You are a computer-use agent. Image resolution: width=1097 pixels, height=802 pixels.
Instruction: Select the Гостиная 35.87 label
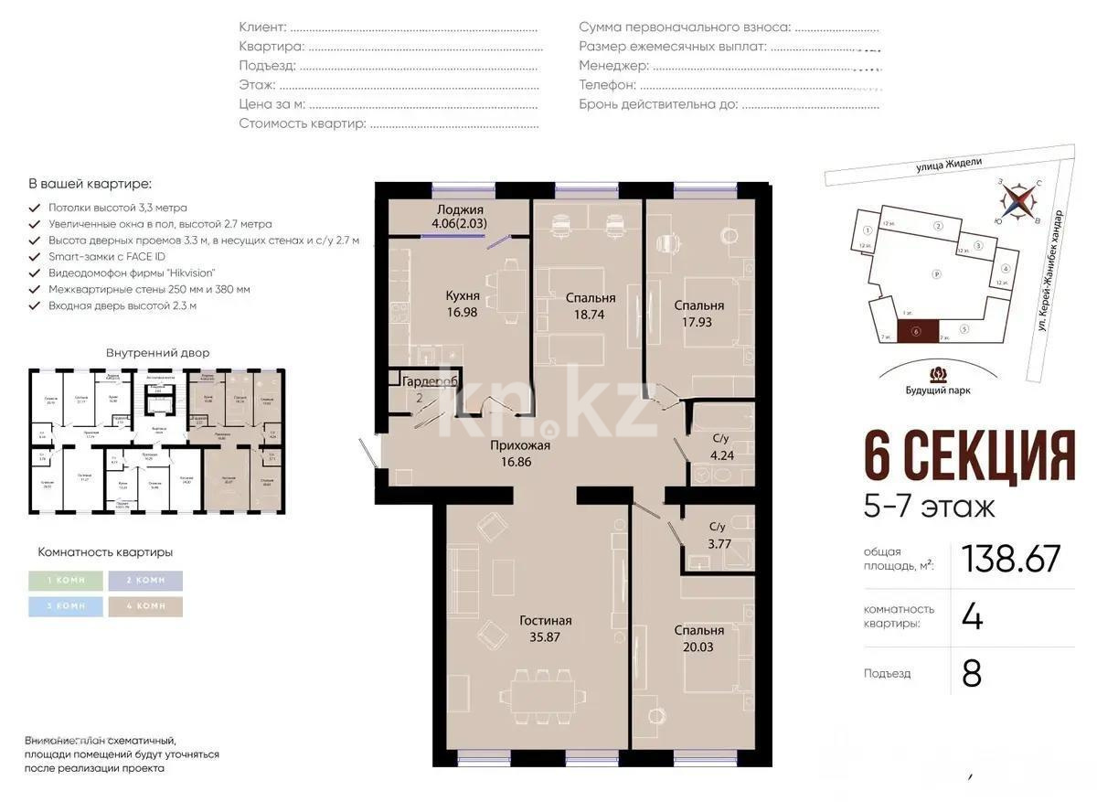[546, 629]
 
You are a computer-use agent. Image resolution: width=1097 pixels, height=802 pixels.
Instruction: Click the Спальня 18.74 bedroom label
[590, 305]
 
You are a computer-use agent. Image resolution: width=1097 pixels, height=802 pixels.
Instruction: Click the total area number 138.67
[1011, 559]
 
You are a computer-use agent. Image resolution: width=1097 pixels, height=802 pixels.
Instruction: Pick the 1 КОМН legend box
[65, 581]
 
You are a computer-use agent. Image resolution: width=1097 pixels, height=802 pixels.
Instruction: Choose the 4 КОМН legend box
[144, 606]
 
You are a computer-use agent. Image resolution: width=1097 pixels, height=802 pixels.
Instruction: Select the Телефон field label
[607, 84]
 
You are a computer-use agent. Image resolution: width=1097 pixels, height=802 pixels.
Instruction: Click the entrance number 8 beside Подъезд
[971, 673]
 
